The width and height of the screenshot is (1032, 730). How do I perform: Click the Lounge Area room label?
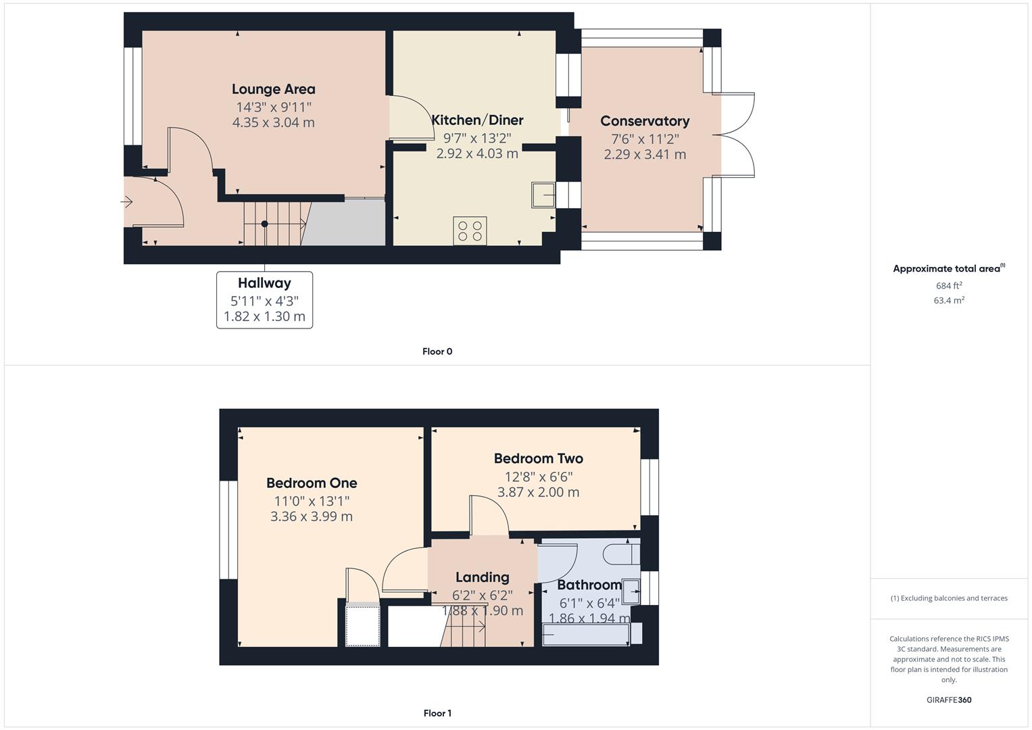pyautogui.click(x=273, y=89)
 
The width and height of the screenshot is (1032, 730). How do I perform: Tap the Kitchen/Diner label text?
pyautogui.click(x=477, y=120)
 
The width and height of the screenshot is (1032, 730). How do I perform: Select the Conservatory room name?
pyautogui.click(x=645, y=121)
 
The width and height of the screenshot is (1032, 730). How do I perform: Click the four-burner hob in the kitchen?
pyautogui.click(x=470, y=230)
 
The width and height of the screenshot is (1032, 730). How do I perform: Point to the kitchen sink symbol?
pyautogui.click(x=543, y=195)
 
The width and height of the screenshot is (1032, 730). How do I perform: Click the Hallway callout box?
pyautogui.click(x=264, y=299)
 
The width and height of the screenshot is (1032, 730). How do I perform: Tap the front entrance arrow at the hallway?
pyautogui.click(x=126, y=201)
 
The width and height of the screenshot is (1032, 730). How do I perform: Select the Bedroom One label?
pyautogui.click(x=312, y=483)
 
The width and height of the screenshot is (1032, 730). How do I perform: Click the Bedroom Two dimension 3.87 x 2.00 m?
pyautogui.click(x=538, y=492)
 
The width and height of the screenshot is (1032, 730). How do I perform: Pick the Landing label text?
pyautogui.click(x=482, y=577)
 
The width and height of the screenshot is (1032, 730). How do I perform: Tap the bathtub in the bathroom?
pyautogui.click(x=586, y=635)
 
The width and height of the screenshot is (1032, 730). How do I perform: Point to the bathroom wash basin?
pyautogui.click(x=631, y=591)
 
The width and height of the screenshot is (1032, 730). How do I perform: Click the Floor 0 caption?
pyautogui.click(x=437, y=351)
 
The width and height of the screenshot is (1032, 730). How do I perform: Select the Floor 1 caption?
pyautogui.click(x=437, y=713)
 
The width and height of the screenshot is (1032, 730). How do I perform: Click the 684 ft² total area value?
pyautogui.click(x=948, y=286)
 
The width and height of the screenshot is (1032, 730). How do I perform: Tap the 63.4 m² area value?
pyautogui.click(x=948, y=301)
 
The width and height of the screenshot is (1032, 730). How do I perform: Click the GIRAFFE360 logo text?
pyautogui.click(x=948, y=700)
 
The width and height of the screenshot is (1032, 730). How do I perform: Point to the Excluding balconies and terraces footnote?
pyautogui.click(x=948, y=598)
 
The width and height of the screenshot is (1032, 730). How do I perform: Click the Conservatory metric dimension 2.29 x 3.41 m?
pyautogui.click(x=645, y=154)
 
